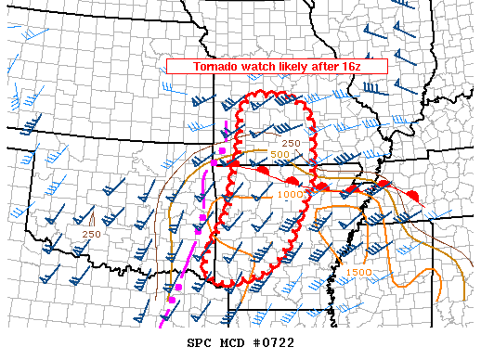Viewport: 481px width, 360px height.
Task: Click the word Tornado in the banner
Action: click(216, 68)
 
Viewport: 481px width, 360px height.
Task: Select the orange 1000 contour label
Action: click(289, 194)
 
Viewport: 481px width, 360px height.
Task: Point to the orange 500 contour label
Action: click(281, 154)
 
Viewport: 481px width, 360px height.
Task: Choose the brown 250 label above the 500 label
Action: click(291, 143)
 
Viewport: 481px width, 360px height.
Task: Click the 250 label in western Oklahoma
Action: click(91, 234)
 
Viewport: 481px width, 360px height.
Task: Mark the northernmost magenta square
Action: click(223, 149)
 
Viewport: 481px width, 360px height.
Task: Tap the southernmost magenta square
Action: click(171, 300)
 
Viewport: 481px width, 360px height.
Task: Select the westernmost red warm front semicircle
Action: click(235, 164)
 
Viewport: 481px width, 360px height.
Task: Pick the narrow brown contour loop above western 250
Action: click(97, 219)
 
